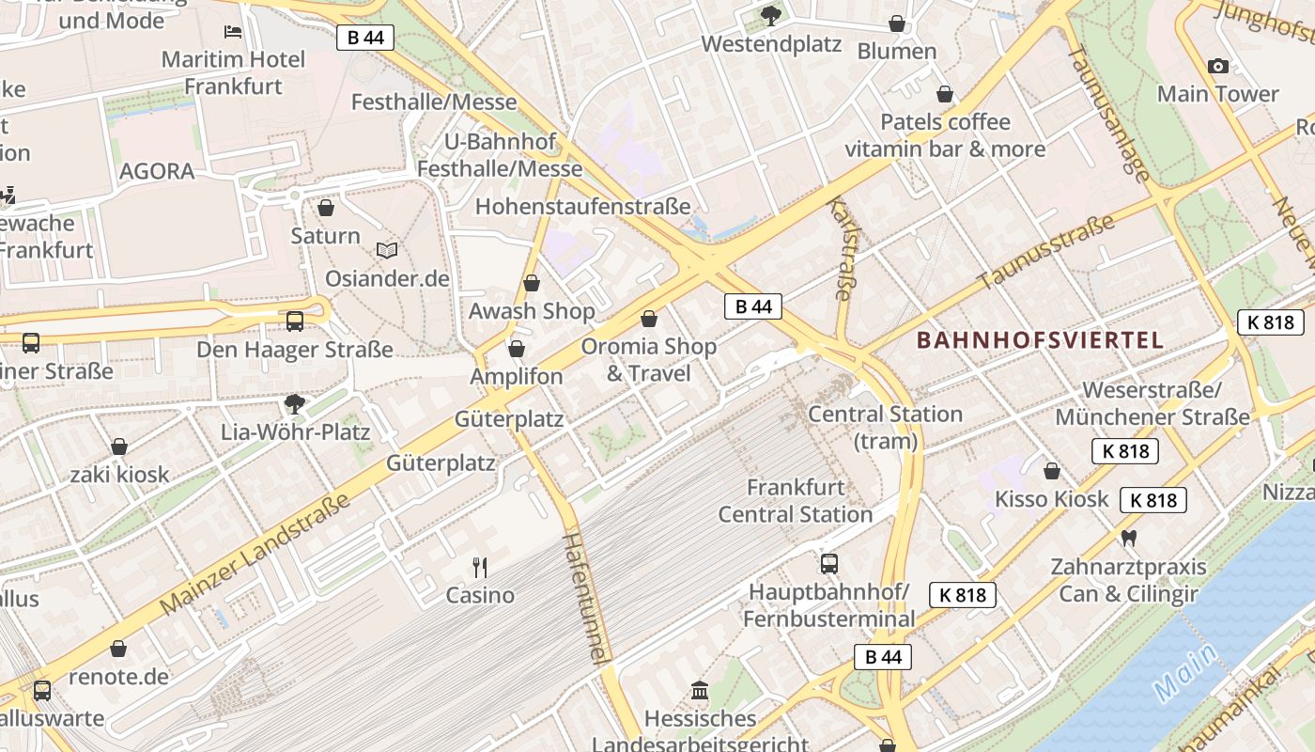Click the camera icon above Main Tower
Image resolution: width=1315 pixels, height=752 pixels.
pyautogui.click(x=1218, y=66)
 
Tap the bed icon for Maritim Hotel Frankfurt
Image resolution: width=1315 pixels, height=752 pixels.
pyautogui.click(x=233, y=32)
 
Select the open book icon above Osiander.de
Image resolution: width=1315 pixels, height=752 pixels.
pyautogui.click(x=387, y=250)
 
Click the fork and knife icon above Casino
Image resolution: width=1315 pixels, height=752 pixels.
pyautogui.click(x=480, y=567)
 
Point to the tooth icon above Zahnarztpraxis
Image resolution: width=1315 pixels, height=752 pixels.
pyautogui.click(x=1128, y=539)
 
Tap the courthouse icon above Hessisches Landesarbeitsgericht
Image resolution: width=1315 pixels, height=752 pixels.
pyautogui.click(x=700, y=691)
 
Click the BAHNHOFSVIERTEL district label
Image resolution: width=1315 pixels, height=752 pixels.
pyautogui.click(x=1040, y=340)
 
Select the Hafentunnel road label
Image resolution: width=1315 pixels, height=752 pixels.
pyautogui.click(x=587, y=599)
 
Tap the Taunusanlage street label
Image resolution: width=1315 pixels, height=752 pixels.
pyautogui.click(x=1109, y=114)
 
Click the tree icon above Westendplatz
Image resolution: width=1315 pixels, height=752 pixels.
pyautogui.click(x=770, y=16)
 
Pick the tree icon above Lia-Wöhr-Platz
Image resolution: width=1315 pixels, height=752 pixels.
pyautogui.click(x=295, y=404)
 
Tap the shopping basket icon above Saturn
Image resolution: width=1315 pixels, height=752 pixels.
pyautogui.click(x=326, y=208)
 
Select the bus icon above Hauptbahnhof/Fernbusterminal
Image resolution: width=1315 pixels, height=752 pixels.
pyautogui.click(x=828, y=564)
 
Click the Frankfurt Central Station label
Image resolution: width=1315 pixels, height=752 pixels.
pyautogui.click(x=796, y=501)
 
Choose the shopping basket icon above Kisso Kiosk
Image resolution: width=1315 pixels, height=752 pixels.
pyautogui.click(x=1052, y=471)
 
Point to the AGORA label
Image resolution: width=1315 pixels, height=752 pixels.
pyautogui.click(x=157, y=171)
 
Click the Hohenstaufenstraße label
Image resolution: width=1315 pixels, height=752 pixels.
pyautogui.click(x=582, y=207)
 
